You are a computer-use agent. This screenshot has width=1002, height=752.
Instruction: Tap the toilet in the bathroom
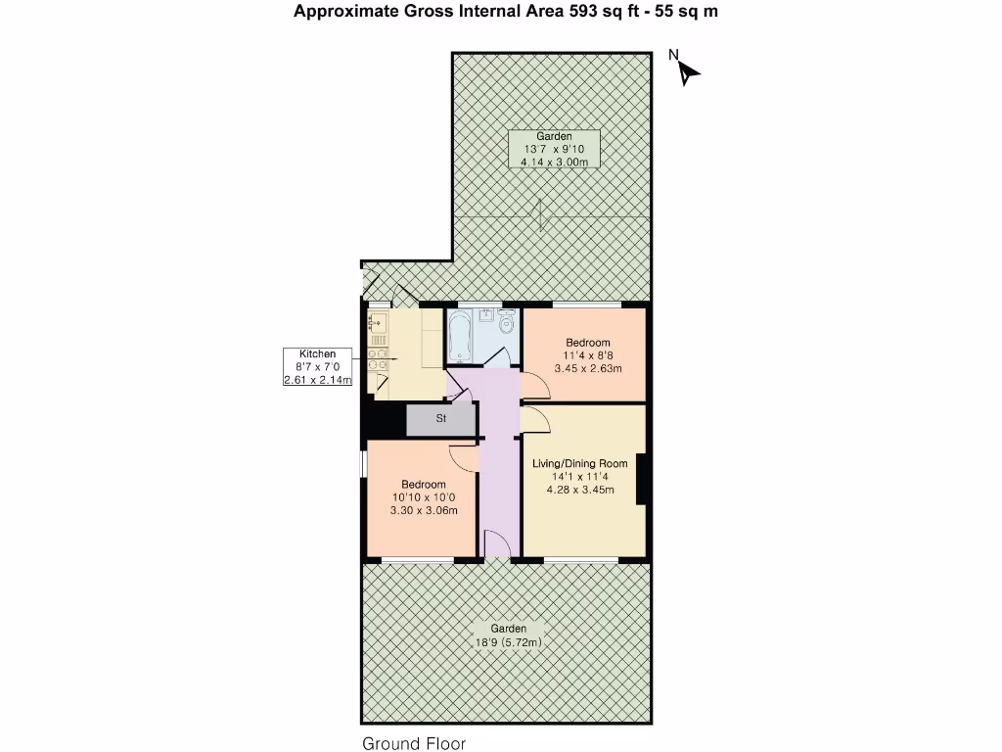pos(507,323)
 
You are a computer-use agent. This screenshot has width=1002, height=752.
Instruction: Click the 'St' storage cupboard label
pos(441,419)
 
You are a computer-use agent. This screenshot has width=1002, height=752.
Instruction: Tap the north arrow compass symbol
pos(687,70)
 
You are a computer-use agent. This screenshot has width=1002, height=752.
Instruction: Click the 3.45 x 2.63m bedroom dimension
pos(588,369)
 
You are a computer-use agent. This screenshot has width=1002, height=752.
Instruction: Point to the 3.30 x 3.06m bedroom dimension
pos(424,510)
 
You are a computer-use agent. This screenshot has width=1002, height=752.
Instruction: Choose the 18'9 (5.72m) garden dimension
pos(509,642)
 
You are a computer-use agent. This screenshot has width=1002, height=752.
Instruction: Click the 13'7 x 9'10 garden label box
pos(553,149)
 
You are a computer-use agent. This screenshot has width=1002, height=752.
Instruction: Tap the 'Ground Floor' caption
pos(414,743)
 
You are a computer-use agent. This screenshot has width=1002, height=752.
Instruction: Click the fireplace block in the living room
pos(642,479)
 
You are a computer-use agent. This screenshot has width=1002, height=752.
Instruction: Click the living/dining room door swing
pos(534,421)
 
